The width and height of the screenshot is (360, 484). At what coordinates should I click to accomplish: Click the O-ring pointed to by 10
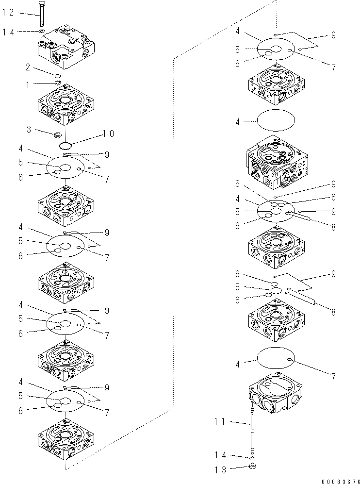tap(65, 145)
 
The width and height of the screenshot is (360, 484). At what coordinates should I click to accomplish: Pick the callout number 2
tap(29, 67)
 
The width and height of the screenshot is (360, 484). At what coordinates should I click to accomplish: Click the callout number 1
tap(29, 84)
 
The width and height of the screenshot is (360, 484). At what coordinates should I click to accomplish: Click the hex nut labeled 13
tap(253, 467)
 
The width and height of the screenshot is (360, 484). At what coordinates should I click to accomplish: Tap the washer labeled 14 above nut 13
tap(253, 457)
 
